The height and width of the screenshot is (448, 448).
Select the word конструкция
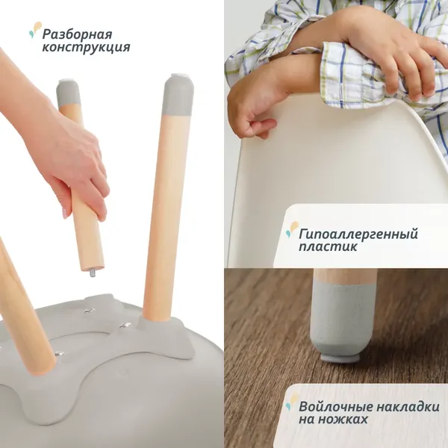86,48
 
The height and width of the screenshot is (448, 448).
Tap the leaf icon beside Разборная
34,30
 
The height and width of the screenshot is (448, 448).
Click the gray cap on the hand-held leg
69,93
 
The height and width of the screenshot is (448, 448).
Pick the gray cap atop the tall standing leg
178,94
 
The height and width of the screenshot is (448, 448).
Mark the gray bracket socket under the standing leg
161,329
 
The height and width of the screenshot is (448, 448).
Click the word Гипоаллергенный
358,234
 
